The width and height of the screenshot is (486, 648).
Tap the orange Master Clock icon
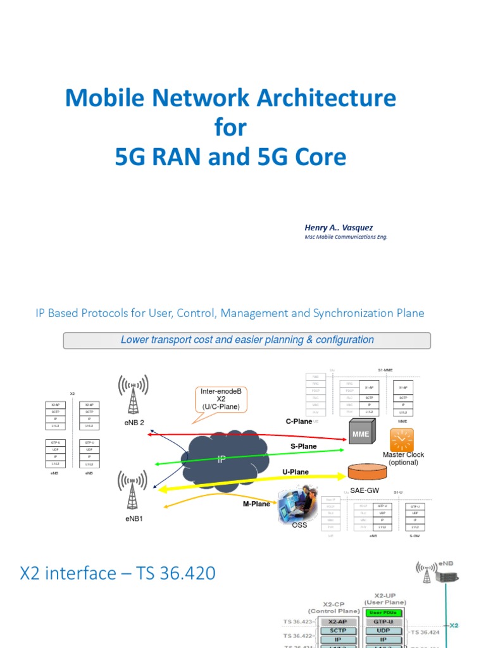[x=402, y=439]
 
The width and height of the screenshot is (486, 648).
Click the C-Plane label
[x=299, y=421]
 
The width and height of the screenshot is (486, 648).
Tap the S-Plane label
[x=303, y=446]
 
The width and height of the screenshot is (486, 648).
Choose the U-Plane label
[x=296, y=472]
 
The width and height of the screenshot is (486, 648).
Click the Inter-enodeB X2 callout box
[x=221, y=399]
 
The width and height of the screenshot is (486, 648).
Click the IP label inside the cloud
[x=221, y=459]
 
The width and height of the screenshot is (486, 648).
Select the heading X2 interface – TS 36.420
[x=118, y=574]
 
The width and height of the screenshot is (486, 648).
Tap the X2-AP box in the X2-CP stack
[x=342, y=622]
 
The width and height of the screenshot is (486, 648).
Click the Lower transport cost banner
[x=247, y=340]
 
